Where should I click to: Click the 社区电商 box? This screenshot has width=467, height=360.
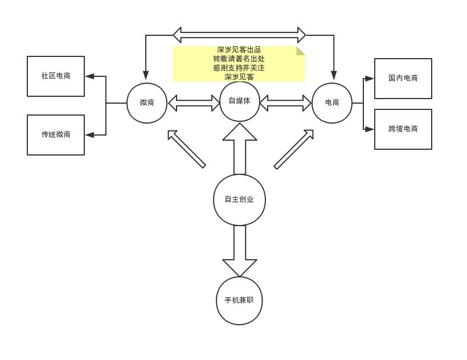(x=56, y=76)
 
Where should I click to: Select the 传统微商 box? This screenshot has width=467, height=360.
(x=56, y=134)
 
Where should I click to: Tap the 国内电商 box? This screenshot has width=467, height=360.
(x=403, y=78)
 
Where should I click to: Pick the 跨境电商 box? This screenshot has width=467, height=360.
(x=403, y=129)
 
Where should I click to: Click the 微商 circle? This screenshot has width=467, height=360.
(x=147, y=103)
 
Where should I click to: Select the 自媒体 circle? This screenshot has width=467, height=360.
(x=239, y=101)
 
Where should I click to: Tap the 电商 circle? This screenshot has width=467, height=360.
(x=332, y=103)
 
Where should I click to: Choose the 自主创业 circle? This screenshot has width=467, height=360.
(x=239, y=199)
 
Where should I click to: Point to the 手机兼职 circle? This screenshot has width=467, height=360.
(x=239, y=300)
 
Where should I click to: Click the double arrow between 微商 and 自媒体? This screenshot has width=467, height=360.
(x=194, y=103)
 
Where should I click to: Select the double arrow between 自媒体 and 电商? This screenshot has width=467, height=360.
(x=286, y=103)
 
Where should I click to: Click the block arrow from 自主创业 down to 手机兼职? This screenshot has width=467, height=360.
(x=240, y=250)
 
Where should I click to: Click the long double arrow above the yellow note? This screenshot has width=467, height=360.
(x=239, y=35)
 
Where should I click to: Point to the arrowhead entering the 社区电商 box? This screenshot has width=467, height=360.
(x=89, y=76)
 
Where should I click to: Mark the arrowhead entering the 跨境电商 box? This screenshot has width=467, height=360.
(x=369, y=129)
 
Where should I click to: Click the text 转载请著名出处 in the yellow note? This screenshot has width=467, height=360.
(x=239, y=59)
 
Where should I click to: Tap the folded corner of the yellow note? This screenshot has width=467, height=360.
(x=301, y=50)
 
